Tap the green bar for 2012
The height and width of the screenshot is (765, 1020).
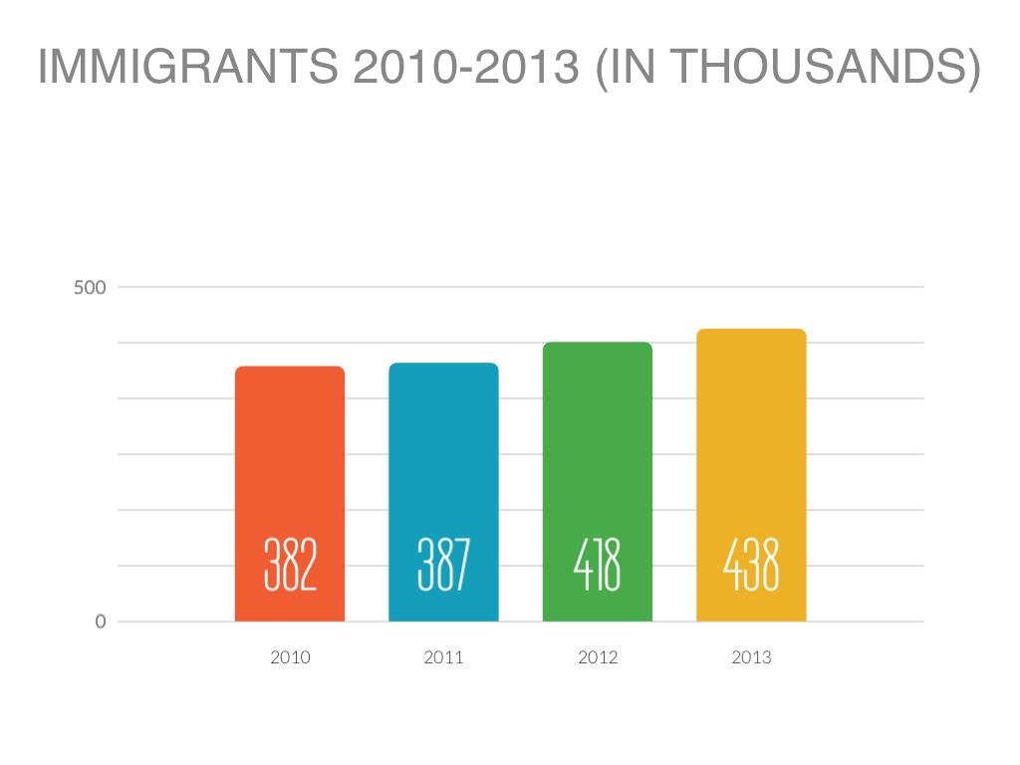coord(597,448)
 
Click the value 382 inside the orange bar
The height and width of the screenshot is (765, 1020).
coord(290,565)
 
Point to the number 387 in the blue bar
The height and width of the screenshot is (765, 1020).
coord(443,565)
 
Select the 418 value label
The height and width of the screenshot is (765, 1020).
coord(597,565)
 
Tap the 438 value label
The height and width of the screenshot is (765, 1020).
coord(751,565)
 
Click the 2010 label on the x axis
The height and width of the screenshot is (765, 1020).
coord(290,657)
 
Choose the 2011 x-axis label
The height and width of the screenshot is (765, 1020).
coord(443,657)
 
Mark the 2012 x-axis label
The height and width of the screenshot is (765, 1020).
coord(598,657)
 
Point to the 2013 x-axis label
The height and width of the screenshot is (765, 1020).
coord(751,657)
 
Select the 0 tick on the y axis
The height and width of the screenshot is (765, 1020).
coord(101,622)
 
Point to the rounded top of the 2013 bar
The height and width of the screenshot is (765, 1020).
coord(751,331)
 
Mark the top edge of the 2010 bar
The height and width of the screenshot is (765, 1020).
coord(290,368)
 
